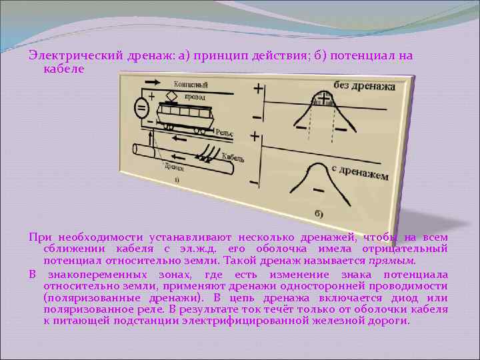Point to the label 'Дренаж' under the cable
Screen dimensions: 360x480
coord(175,167)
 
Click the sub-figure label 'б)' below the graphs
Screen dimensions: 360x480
coord(319,213)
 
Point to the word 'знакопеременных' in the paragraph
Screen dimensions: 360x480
coord(85,275)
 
